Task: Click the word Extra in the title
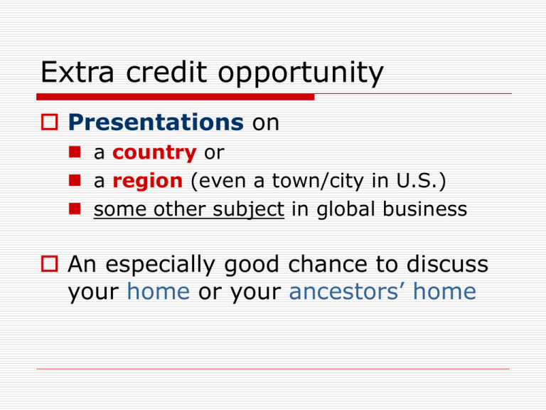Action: tap(77, 72)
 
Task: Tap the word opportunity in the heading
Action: tap(301, 74)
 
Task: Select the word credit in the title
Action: tap(166, 72)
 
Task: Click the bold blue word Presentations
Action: tap(156, 122)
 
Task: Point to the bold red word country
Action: tap(154, 153)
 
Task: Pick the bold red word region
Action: tap(148, 182)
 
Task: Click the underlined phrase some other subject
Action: tap(189, 209)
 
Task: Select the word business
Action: tap(424, 209)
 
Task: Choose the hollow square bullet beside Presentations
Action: tap(50, 122)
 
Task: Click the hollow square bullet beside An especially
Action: tap(50, 264)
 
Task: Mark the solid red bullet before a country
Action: tap(75, 152)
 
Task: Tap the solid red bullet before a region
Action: tap(75, 181)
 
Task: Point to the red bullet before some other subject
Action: tap(75, 209)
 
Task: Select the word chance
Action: tap(328, 264)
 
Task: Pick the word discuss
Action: tap(447, 264)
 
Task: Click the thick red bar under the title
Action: tap(176, 97)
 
